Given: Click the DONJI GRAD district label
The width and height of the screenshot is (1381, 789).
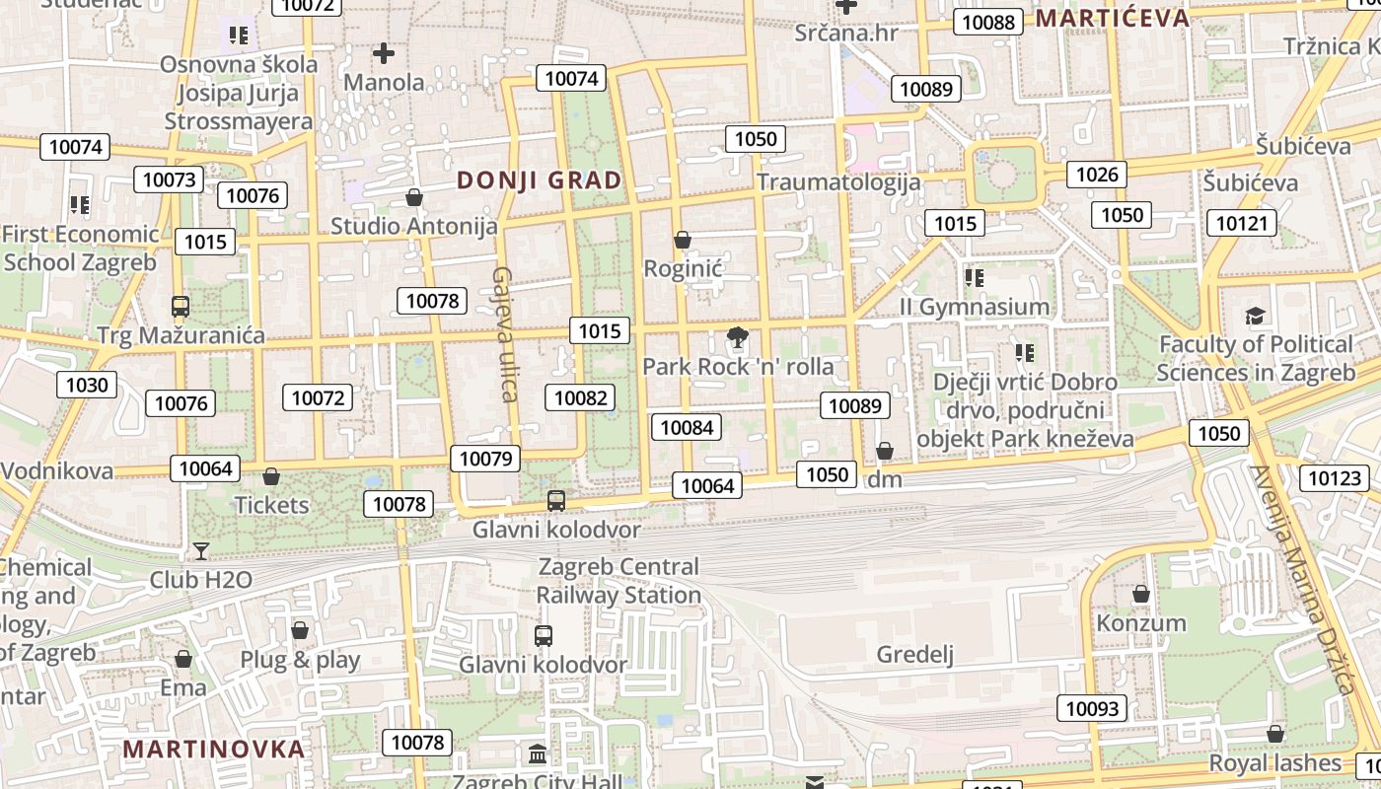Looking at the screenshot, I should pyautogui.click(x=540, y=180).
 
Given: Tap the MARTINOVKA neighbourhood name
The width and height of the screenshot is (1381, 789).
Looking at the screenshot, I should pyautogui.click(x=214, y=749).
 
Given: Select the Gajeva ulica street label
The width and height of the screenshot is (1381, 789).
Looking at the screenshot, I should pyautogui.click(x=506, y=334).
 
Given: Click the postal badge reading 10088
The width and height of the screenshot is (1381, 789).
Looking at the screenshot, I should pyautogui.click(x=988, y=22).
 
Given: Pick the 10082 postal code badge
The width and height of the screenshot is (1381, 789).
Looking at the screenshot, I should pyautogui.click(x=580, y=397).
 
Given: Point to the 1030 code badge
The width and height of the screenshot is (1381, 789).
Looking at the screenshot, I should pyautogui.click(x=87, y=385).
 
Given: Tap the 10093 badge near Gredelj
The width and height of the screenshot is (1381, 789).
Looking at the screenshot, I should pyautogui.click(x=1093, y=708).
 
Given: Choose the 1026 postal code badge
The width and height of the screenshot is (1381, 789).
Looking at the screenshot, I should pyautogui.click(x=1097, y=175).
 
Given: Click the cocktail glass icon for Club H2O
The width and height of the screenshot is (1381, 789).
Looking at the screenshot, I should pyautogui.click(x=201, y=550).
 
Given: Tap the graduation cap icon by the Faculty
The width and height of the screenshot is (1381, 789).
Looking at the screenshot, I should pyautogui.click(x=1255, y=317).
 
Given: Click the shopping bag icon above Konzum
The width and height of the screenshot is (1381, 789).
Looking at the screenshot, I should pyautogui.click(x=1141, y=594).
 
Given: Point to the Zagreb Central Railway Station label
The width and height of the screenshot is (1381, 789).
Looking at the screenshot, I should pyautogui.click(x=618, y=581).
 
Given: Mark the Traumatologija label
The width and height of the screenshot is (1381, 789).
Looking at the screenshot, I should pyautogui.click(x=838, y=182).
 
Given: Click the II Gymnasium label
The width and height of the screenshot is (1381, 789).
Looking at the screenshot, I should pyautogui.click(x=975, y=307).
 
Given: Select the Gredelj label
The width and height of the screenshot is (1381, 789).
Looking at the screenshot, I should pyautogui.click(x=915, y=655).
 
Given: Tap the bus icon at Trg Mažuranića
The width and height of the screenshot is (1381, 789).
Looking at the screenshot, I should pyautogui.click(x=180, y=306).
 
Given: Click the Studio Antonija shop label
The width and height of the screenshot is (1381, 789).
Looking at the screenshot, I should pyautogui.click(x=413, y=226).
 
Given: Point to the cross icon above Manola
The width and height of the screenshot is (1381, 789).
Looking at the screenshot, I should pyautogui.click(x=384, y=53).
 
